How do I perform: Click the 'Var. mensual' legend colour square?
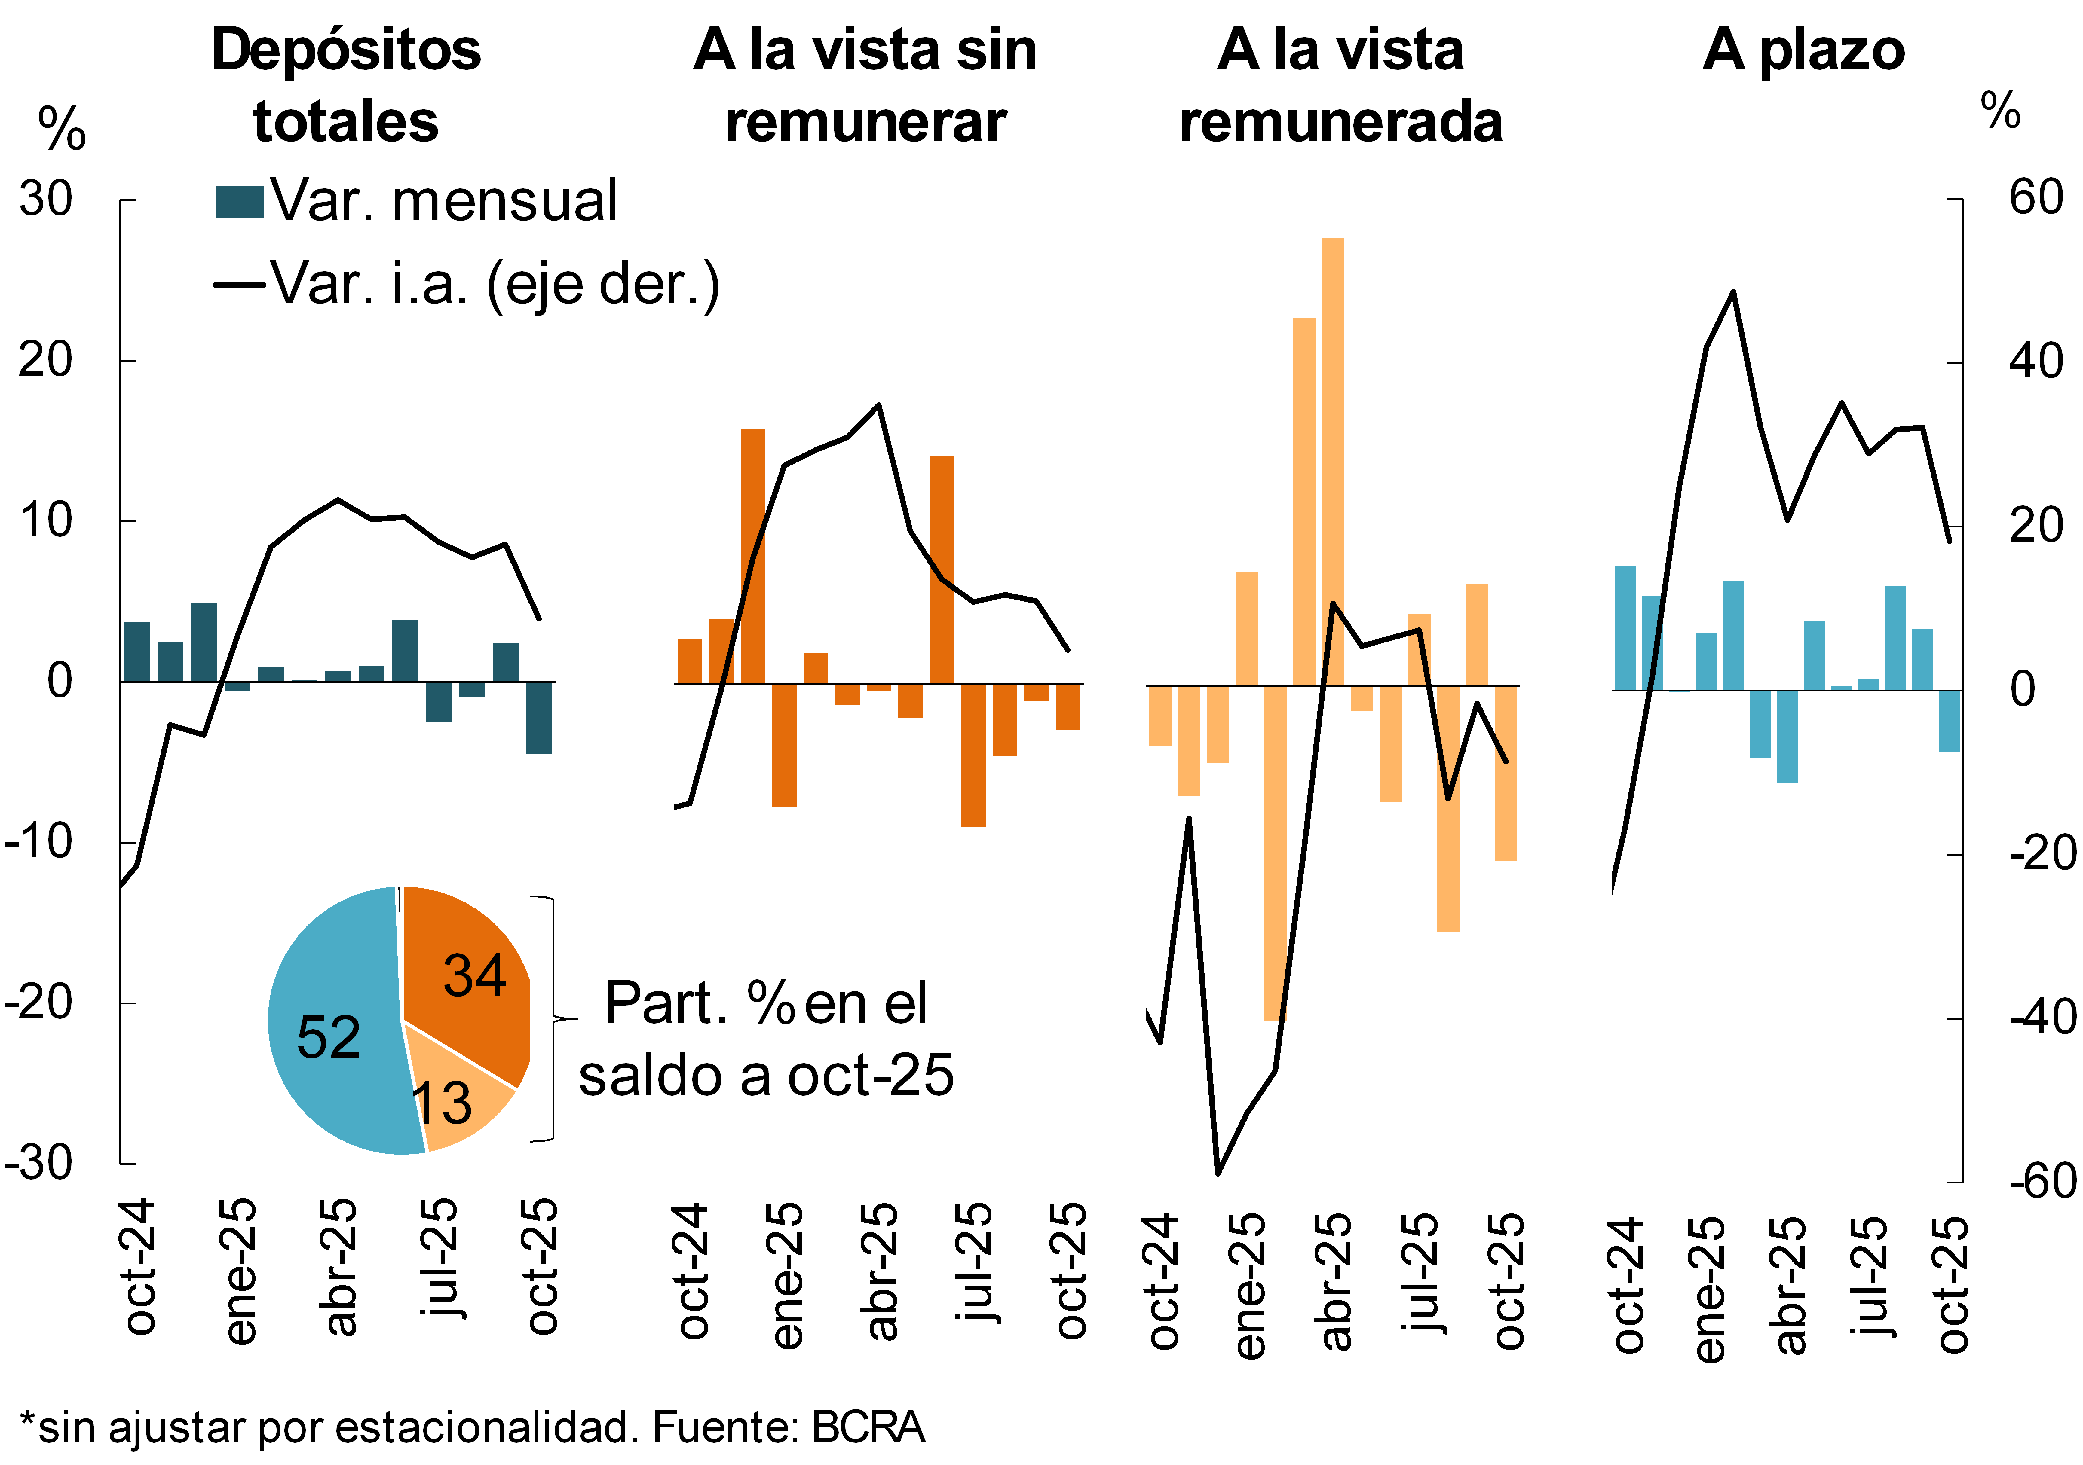[239, 201]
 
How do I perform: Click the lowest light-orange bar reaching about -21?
[1275, 853]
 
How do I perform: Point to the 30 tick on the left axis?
[45, 199]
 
